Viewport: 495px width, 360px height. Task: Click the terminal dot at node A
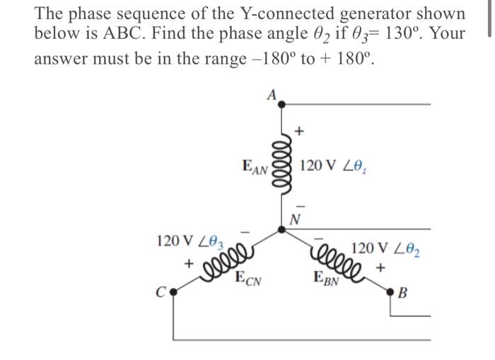pyautogui.click(x=282, y=105)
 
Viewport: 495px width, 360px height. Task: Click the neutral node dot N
pyautogui.click(x=282, y=228)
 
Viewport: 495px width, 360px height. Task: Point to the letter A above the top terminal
pyautogui.click(x=272, y=93)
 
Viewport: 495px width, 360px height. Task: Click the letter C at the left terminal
pyautogui.click(x=162, y=290)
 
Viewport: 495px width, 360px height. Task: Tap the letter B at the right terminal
pyautogui.click(x=403, y=292)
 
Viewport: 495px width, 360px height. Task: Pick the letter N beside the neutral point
pyautogui.click(x=296, y=218)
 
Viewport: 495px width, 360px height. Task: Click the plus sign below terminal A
pyautogui.click(x=298, y=131)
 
